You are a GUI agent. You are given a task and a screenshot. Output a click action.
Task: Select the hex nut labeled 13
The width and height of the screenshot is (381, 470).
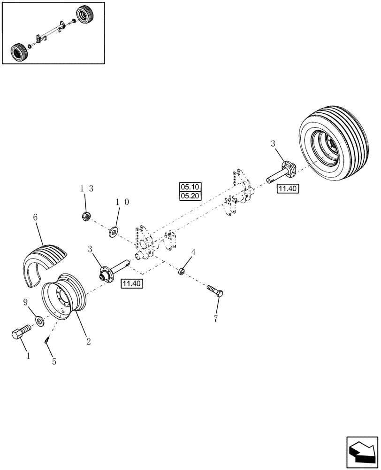pos(85,217)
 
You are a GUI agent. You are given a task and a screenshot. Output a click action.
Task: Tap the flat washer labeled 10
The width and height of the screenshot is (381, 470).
pos(113,231)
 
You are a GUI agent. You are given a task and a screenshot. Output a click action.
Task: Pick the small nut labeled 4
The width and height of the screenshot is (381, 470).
pos(182,272)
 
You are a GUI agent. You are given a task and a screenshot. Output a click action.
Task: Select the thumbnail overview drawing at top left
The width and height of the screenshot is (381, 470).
pos(53,32)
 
